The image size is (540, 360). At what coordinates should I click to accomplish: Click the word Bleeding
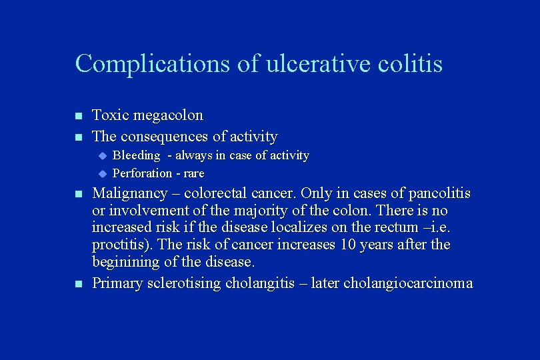coord(136,155)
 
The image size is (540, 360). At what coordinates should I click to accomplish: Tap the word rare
coord(192,173)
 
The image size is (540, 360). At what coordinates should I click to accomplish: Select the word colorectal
coord(216,194)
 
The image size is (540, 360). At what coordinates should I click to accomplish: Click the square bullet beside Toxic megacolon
coord(78,117)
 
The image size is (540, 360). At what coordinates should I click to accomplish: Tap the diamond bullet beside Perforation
coord(103,173)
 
